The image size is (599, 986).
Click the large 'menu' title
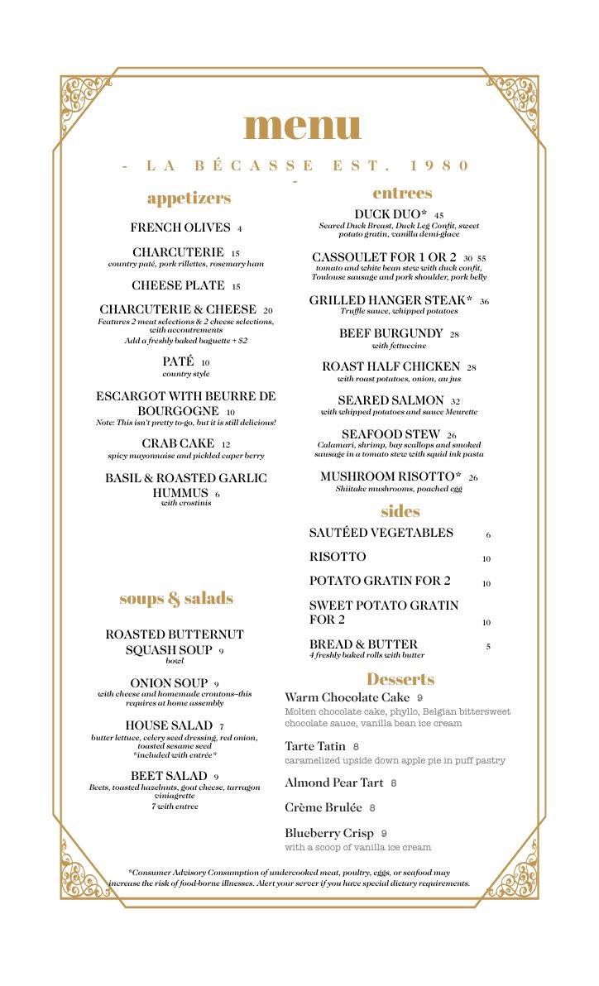[303, 125]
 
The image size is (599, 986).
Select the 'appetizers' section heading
[189, 198]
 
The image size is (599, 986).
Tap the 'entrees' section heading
[402, 193]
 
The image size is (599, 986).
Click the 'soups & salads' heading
[176, 598]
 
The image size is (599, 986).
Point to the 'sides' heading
[400, 510]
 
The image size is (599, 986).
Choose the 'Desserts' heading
[400, 679]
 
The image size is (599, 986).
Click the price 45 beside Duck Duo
[438, 216]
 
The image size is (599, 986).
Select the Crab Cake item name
[178, 443]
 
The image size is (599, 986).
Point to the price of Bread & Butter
[488, 647]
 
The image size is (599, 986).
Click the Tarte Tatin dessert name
[315, 746]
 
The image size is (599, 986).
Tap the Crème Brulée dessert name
[323, 807]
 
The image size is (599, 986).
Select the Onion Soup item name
[169, 683]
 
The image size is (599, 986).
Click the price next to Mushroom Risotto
[473, 478]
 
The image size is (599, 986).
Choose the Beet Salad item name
[169, 776]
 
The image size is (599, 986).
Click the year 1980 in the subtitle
[440, 165]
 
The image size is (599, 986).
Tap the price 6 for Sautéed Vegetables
[488, 535]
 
